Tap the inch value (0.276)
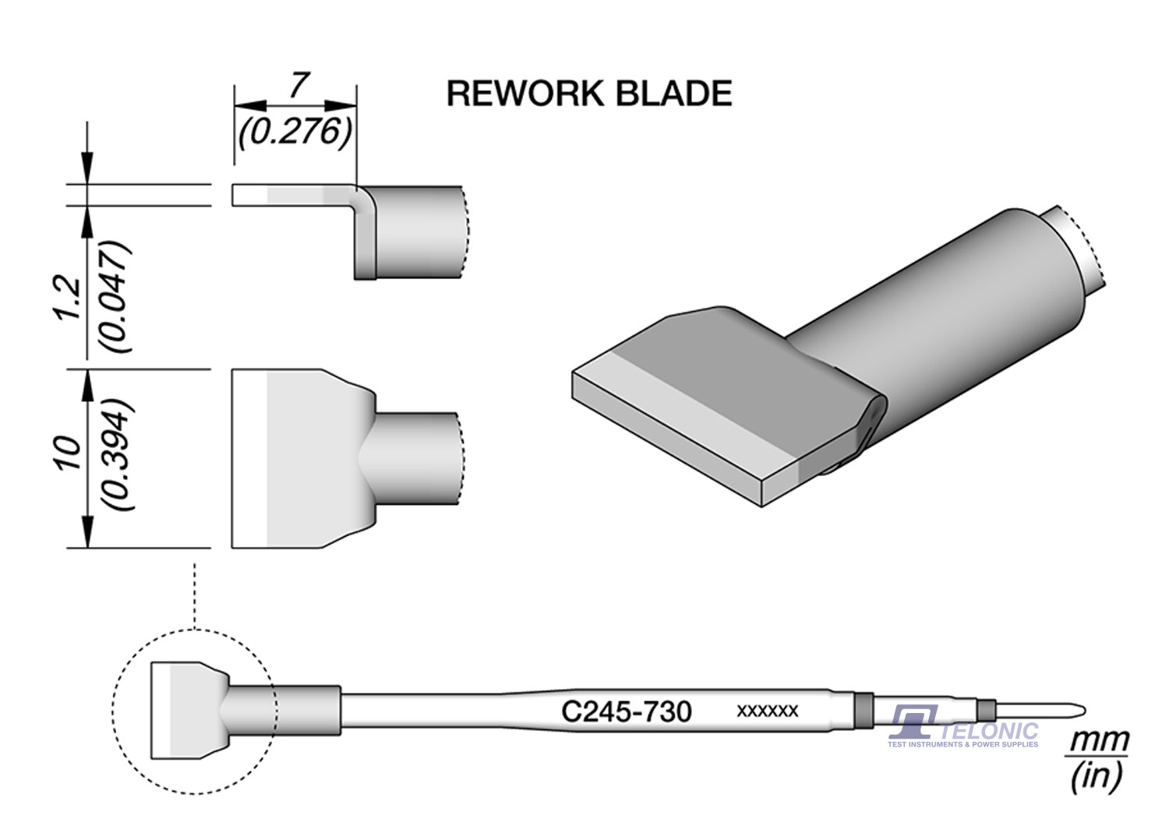[x=295, y=132]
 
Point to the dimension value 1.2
[x=68, y=297]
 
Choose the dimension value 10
[x=68, y=453]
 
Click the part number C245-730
[x=626, y=711]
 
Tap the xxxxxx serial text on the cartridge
[x=767, y=711]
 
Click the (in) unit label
[x=1097, y=775]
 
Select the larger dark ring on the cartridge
[x=863, y=710]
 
